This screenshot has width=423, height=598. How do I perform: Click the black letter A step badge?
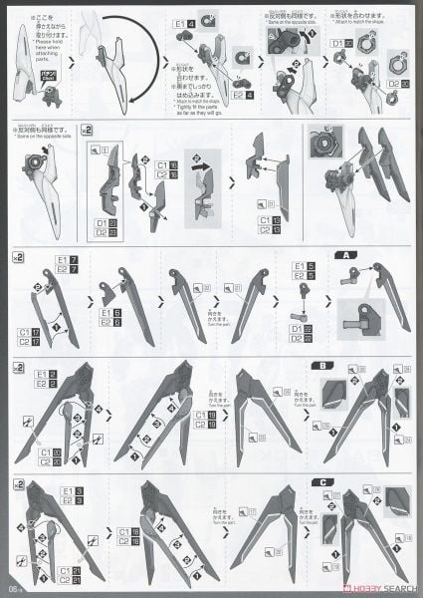point(349,255)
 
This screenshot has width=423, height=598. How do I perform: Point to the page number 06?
point(13,585)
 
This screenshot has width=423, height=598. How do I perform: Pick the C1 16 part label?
point(165,161)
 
